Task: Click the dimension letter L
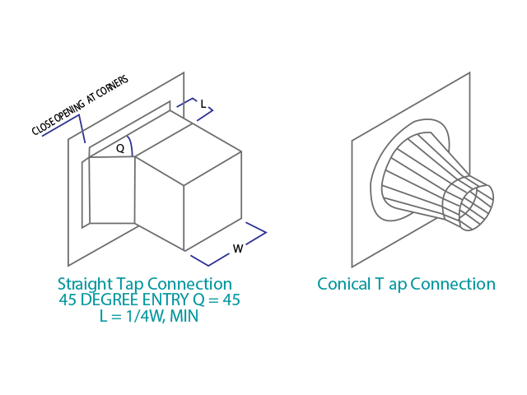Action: click(x=203, y=104)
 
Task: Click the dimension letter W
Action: click(x=238, y=249)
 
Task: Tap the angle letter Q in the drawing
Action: click(x=120, y=148)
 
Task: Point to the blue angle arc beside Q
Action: click(x=130, y=146)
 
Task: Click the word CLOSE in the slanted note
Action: click(x=43, y=127)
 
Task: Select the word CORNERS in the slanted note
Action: click(x=112, y=86)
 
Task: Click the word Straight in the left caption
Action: click(x=86, y=285)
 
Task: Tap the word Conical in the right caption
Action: click(x=344, y=284)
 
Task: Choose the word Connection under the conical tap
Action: click(x=452, y=284)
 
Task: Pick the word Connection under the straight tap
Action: click(x=189, y=284)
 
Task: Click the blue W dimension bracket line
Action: click(x=229, y=244)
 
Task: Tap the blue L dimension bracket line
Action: click(x=195, y=109)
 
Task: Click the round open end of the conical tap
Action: click(x=477, y=207)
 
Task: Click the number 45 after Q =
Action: click(x=231, y=300)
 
